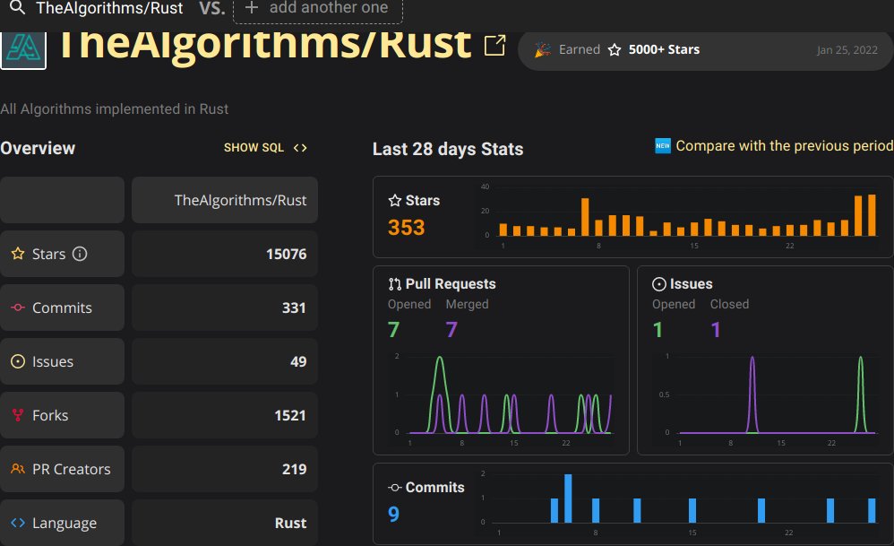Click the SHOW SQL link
pos(265,148)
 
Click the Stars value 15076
pos(286,254)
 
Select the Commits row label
pos(62,308)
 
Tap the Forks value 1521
pos(289,415)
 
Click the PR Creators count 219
pos(293,469)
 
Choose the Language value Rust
pos(290,523)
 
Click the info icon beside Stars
pos(80,254)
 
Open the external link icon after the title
pos(494,46)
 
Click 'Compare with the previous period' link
pos(783,145)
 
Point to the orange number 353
pos(406,228)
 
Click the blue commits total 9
pos(393,514)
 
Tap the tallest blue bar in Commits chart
pos(568,498)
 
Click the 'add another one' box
pos(317,9)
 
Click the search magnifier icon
pos(16,8)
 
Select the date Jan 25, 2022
pos(843,50)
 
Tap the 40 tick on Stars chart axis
pos(485,186)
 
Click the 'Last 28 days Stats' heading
pos(447,149)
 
